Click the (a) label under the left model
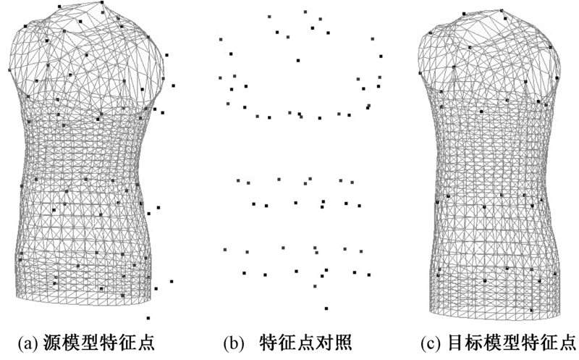(x=28, y=341)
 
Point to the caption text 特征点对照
(x=305, y=341)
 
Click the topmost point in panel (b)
(x=305, y=12)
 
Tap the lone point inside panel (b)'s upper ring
(x=297, y=60)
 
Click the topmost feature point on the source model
(x=101, y=2)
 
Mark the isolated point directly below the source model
(x=148, y=317)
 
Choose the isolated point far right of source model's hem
(x=172, y=281)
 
